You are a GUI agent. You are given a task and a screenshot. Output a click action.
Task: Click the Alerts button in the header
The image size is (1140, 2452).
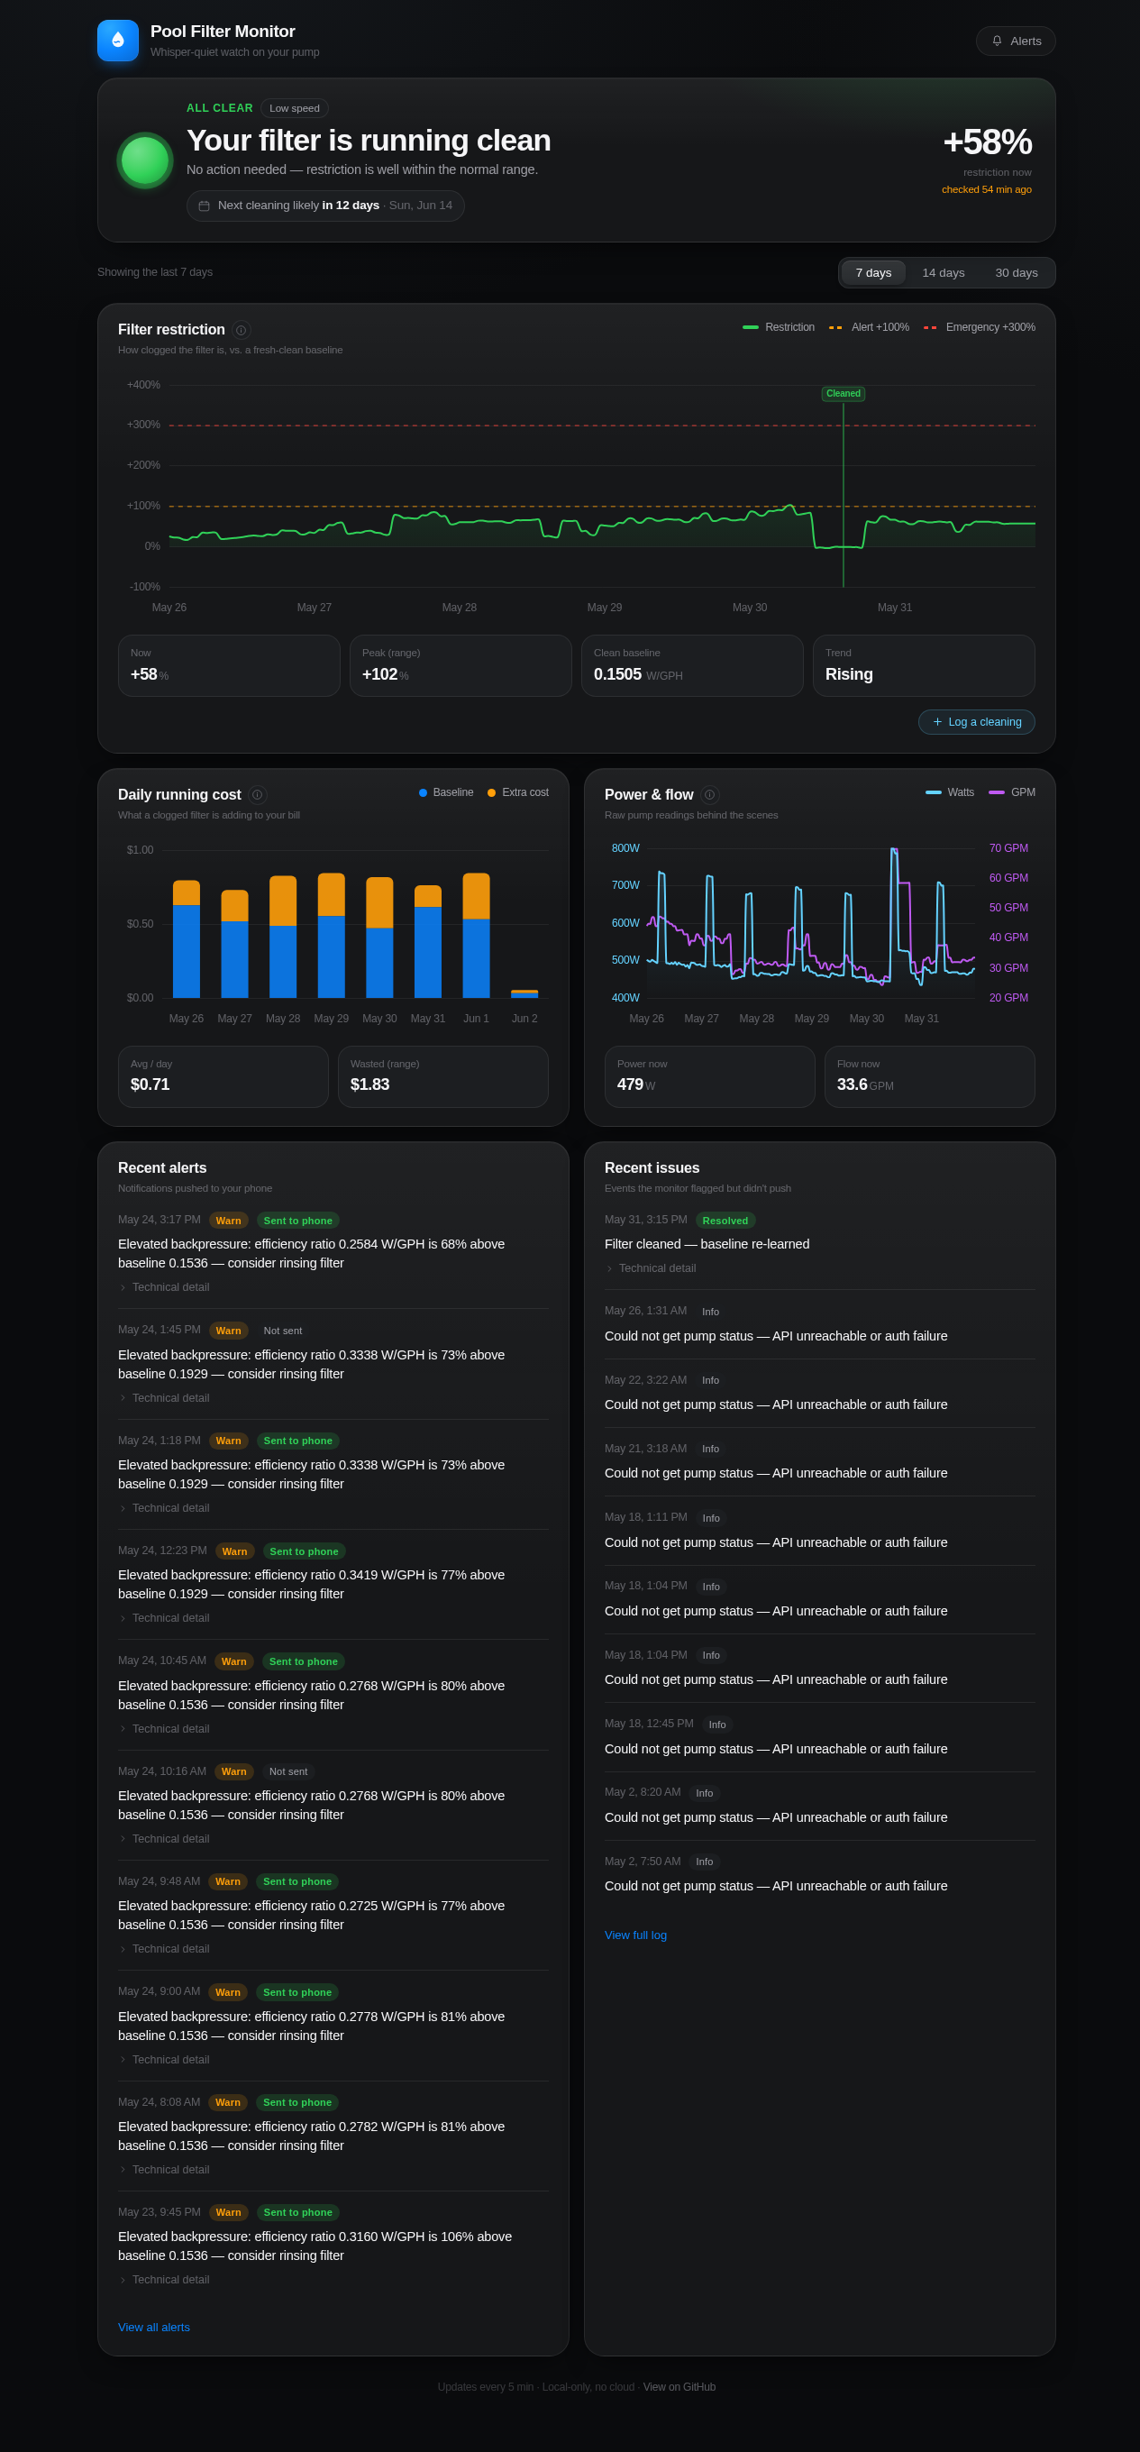1016,41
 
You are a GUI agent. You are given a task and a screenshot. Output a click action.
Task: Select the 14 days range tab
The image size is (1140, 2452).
943,273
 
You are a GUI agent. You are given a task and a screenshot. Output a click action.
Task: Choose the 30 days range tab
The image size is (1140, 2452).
1017,273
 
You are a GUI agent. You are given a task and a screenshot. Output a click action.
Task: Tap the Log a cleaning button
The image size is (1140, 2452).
976,721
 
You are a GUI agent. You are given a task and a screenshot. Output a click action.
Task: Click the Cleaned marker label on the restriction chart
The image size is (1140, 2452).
844,394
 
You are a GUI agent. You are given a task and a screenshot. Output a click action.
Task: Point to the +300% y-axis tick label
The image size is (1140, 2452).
142,425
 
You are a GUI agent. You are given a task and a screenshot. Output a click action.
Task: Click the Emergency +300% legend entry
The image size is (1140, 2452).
980,327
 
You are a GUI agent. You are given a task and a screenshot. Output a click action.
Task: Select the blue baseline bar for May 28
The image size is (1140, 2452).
283,961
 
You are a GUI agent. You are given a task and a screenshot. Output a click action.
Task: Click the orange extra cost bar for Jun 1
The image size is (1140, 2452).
476,896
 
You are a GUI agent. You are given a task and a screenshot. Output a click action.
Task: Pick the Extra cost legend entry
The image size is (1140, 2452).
517,793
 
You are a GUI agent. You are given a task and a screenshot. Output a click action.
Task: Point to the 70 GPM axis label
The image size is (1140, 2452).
1008,848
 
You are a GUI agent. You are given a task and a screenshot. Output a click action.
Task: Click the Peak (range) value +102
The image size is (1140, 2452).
379,674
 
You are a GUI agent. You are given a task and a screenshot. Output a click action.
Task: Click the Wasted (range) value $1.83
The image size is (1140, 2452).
370,1084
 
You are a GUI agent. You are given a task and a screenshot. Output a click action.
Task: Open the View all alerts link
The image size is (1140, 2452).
154,2328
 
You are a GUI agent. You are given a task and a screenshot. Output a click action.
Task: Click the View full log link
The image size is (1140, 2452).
635,1935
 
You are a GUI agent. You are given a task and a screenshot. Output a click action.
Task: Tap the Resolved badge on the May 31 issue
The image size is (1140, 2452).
725,1221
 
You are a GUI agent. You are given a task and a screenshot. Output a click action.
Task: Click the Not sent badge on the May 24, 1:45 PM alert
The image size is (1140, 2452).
283,1331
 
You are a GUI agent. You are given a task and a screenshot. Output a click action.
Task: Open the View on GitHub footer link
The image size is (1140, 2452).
679,2387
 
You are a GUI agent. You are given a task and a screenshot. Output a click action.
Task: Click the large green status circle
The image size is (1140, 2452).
145,160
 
